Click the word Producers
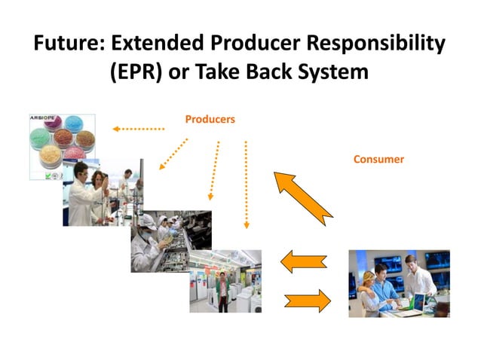click(210, 119)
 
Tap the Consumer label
click(378, 160)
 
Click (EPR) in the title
click(139, 74)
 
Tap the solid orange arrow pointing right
click(307, 301)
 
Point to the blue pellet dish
click(75, 125)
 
